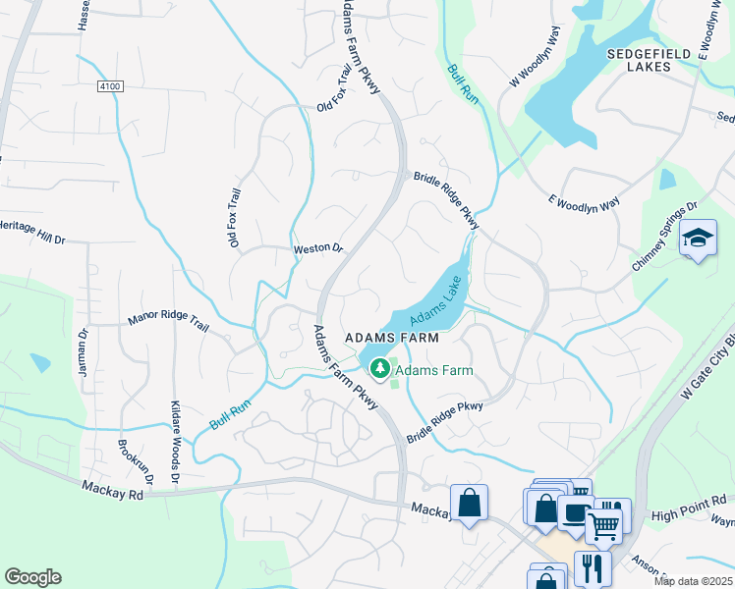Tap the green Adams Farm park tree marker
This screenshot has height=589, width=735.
click(379, 368)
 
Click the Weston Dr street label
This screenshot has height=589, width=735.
click(317, 249)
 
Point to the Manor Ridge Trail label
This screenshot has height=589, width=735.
click(169, 321)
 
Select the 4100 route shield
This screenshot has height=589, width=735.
click(110, 87)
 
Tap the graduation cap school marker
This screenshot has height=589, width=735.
click(698, 239)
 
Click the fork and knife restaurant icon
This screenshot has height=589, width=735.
click(593, 566)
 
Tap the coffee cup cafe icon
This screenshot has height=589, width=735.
click(573, 509)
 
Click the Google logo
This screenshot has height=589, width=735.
click(32, 577)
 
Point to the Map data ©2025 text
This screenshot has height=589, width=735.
click(693, 581)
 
